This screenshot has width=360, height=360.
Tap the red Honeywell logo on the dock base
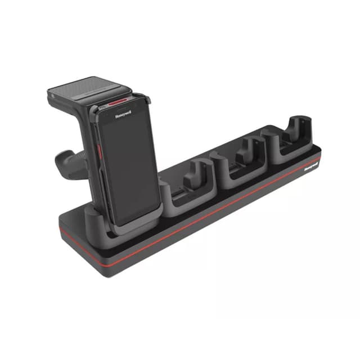coord(310,166)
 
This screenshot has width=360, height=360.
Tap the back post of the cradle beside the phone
coord(199,169)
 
